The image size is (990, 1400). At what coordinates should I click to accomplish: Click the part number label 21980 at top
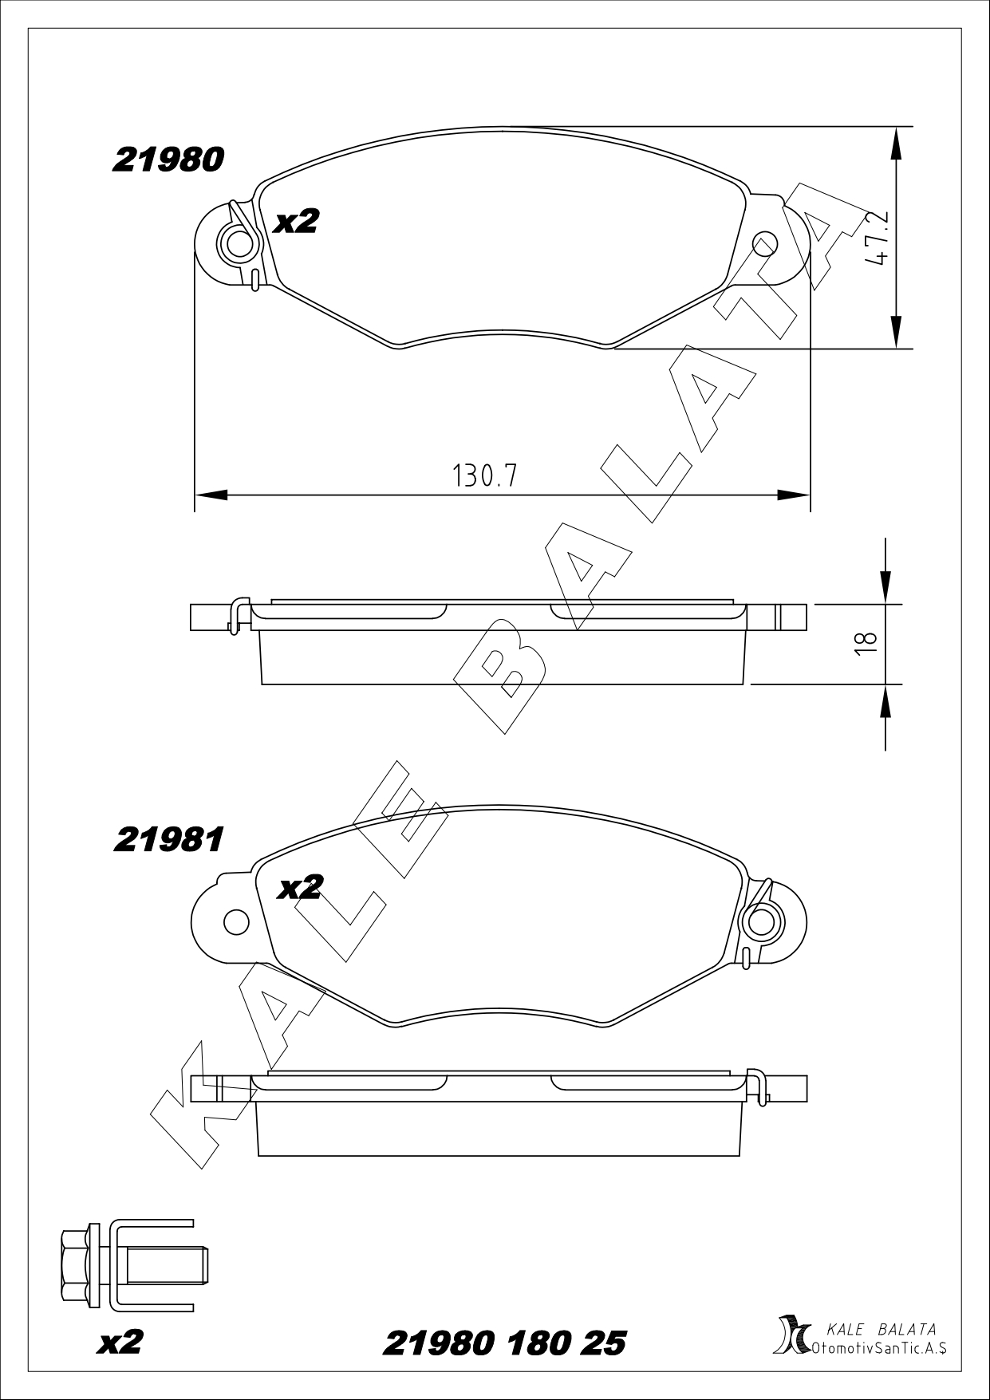(168, 160)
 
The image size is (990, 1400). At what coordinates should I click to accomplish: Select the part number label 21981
(168, 839)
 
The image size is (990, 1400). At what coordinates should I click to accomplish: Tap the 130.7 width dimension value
(485, 476)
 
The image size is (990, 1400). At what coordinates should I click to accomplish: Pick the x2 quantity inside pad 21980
(296, 222)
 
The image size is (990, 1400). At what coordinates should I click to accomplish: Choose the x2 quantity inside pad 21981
(299, 888)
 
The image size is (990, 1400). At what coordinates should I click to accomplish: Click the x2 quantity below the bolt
(120, 1342)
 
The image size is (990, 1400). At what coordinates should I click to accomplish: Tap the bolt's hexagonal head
(74, 1265)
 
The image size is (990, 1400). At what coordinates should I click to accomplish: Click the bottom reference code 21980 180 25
(504, 1343)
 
